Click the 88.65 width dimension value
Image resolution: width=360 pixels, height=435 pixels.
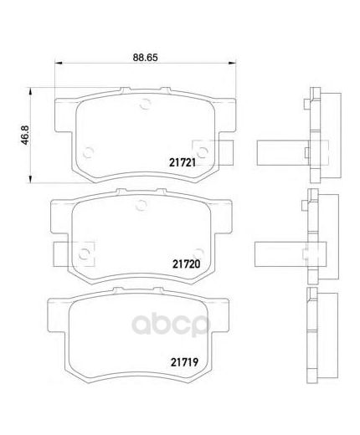pos(145,58)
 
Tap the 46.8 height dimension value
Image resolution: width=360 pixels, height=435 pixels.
pos(25,135)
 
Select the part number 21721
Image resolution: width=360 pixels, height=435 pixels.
pos(183,162)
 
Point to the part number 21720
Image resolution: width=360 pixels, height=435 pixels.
pos(187,264)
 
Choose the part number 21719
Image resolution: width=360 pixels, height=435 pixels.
pos(184,362)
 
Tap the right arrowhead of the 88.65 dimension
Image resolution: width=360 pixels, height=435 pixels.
pos(233,63)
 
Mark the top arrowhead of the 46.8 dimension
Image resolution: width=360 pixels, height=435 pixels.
pos(30,91)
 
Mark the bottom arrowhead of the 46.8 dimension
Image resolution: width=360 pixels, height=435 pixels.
pos(30,179)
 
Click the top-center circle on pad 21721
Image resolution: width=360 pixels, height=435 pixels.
pos(145,105)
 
